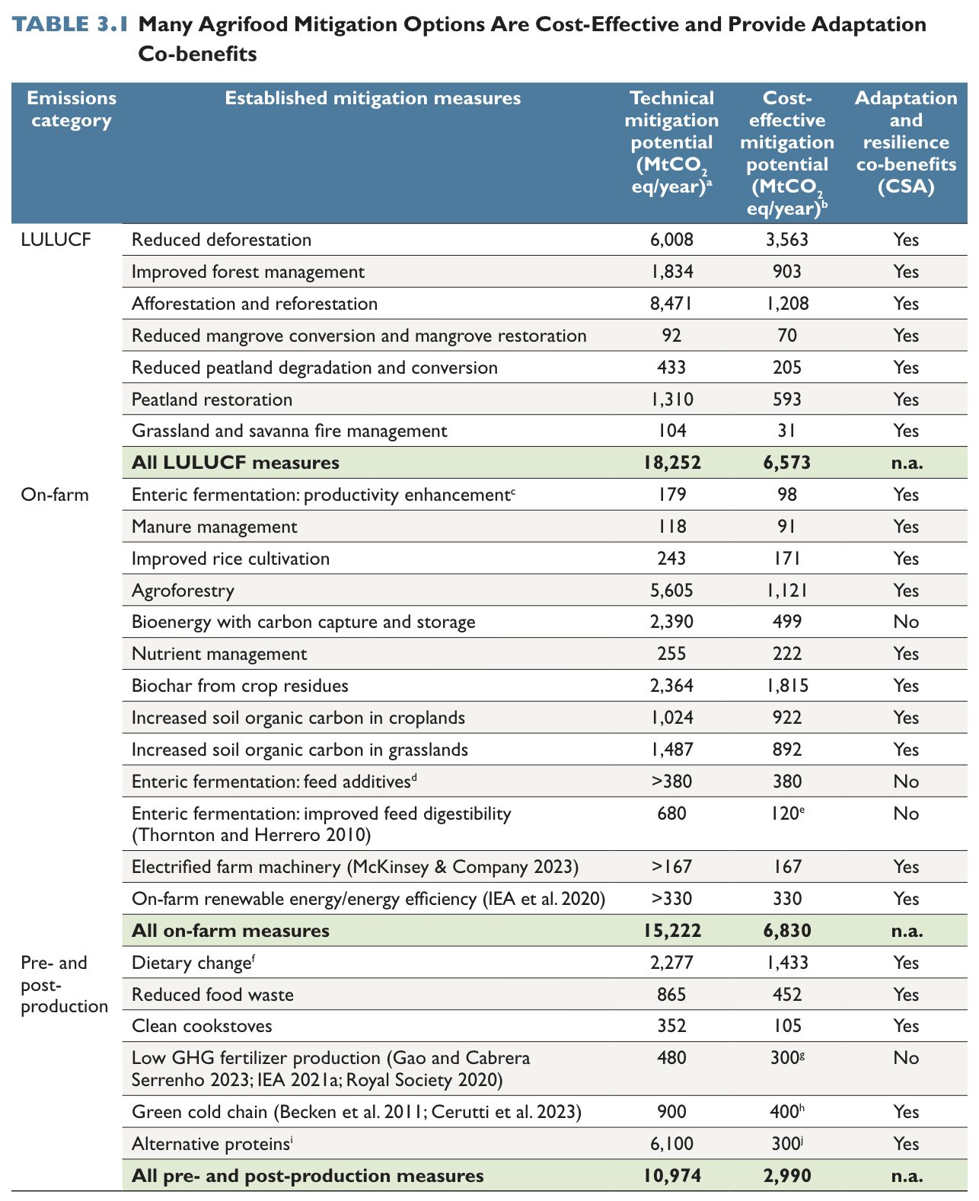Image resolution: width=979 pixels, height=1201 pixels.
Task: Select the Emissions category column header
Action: pos(72,109)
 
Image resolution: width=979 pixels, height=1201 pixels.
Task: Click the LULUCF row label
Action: pos(56,240)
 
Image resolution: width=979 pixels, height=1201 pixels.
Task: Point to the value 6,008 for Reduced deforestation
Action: pos(671,240)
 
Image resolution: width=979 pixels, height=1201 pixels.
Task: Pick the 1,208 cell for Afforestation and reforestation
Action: pos(787,304)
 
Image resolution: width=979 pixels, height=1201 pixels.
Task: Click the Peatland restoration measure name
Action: pos(212,400)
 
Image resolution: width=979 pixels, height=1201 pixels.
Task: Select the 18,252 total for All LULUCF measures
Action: pos(671,463)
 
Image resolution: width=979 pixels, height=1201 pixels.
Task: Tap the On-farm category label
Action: pos(55,495)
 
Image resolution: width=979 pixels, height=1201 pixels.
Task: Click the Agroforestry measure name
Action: pos(183,591)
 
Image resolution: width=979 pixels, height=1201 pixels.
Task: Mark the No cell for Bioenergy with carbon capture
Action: pos(906,622)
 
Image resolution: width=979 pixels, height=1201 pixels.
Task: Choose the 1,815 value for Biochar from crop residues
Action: pos(787,686)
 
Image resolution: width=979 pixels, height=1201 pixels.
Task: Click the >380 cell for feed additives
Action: pos(671,782)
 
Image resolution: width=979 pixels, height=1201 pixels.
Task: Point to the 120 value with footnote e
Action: pos(785,814)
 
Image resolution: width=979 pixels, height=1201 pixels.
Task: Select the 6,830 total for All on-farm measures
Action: pos(787,931)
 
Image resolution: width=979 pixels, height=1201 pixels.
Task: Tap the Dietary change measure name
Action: pos(193,963)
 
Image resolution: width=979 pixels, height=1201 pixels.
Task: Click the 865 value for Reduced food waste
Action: pos(671,995)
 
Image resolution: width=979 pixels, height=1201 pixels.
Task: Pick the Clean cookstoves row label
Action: pos(202,1026)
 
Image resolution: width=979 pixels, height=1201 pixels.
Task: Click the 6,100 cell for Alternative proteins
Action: pos(671,1144)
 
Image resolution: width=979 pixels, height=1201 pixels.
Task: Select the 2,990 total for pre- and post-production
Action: pos(787,1176)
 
